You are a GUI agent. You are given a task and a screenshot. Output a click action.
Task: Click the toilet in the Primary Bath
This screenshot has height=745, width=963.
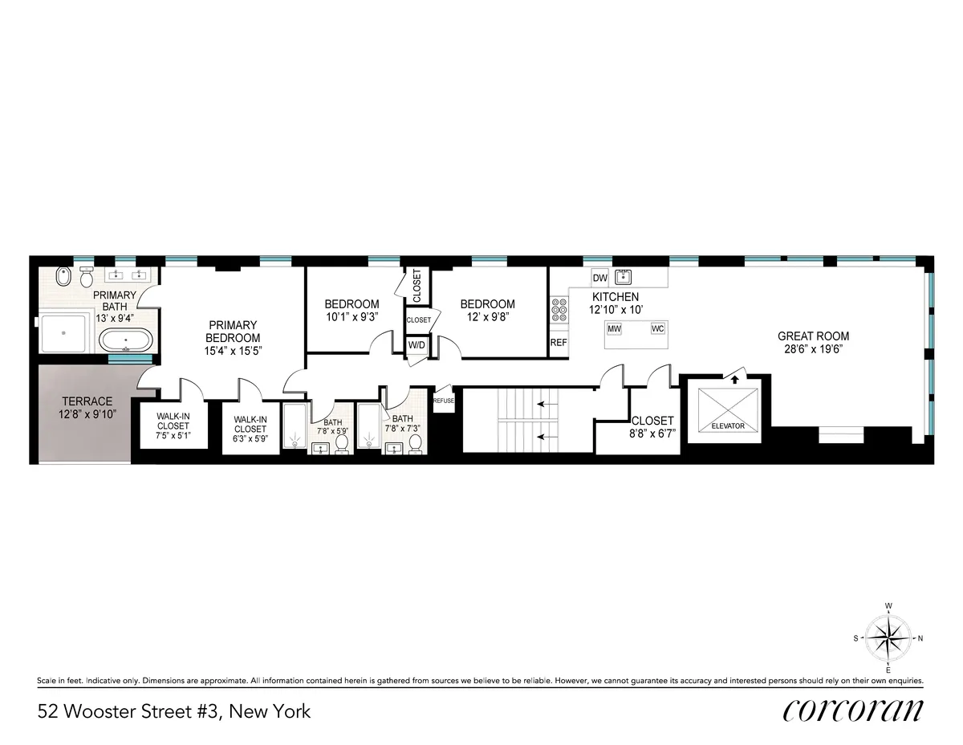pos(65,278)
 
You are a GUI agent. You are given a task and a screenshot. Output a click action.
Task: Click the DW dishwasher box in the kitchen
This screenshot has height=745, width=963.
pos(599,278)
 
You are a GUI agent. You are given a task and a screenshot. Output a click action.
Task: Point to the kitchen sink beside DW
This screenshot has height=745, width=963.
pos(624,278)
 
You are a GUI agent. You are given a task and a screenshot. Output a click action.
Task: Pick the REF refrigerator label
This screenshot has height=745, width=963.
pos(559,342)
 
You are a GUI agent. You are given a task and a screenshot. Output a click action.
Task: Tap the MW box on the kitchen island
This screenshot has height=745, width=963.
pos(614,329)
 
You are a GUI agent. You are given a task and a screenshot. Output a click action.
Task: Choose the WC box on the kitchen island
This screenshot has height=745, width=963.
pos(657,329)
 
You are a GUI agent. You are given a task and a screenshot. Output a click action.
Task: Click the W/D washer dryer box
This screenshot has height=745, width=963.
pos(416,344)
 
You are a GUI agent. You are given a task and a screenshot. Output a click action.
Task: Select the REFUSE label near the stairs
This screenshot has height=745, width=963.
pos(444,400)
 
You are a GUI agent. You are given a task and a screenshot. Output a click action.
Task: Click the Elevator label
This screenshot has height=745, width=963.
pos(728,425)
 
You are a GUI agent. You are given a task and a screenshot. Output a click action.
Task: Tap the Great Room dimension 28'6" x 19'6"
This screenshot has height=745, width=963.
pos(813,349)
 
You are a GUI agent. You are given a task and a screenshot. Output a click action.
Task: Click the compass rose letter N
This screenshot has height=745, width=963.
pos(920,638)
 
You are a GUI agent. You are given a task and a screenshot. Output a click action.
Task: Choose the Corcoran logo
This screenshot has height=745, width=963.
pos(853,710)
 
